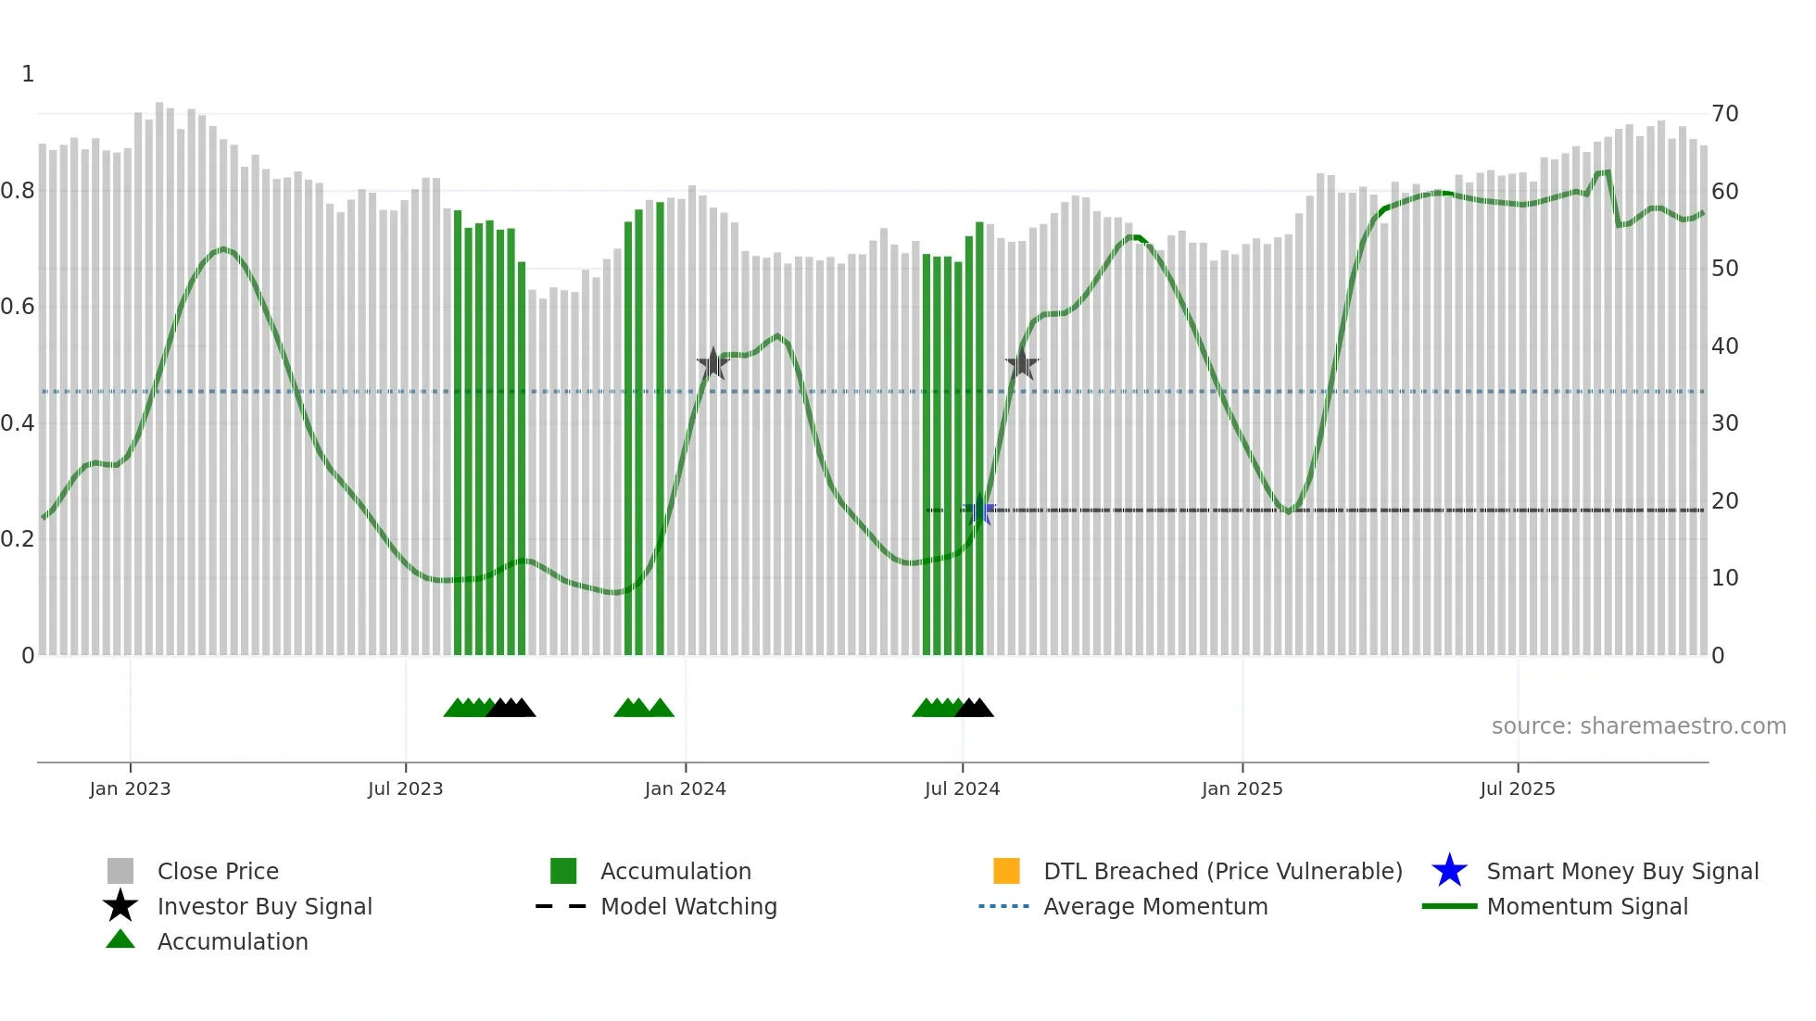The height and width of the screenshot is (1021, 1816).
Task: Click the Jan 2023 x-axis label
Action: [x=130, y=788]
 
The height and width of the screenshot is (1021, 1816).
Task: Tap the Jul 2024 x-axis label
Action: [x=962, y=788]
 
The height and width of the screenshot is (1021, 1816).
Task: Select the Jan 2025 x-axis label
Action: [x=1242, y=788]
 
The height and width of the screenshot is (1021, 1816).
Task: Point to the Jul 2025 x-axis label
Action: [x=1517, y=788]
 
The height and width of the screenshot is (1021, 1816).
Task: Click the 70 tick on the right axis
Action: [x=1724, y=114]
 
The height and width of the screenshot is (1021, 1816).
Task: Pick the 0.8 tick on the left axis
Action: [x=18, y=191]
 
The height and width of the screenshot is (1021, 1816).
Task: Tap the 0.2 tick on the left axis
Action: [x=18, y=539]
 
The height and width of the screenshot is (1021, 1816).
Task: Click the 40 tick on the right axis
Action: [x=1724, y=347]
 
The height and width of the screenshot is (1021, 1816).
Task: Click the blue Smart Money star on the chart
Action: [x=979, y=510]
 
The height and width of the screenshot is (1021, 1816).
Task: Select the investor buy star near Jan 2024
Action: [x=713, y=364]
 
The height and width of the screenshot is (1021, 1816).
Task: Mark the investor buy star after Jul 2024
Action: [x=1021, y=364]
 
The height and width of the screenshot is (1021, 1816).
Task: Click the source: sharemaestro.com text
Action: [x=1638, y=726]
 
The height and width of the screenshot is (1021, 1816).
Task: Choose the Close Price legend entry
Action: [x=218, y=871]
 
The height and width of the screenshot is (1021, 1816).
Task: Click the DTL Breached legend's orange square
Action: [x=1006, y=871]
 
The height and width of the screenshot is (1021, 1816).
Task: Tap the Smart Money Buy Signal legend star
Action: [x=1449, y=871]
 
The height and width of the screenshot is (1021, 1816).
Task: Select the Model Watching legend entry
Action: [x=688, y=906]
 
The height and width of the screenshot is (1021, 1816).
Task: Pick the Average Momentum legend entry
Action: [x=1155, y=906]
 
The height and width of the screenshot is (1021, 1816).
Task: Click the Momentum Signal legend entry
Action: [x=1587, y=906]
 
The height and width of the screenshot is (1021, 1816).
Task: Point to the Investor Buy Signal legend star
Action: [x=120, y=906]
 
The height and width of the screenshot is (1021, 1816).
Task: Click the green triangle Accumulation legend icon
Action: [x=120, y=939]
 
